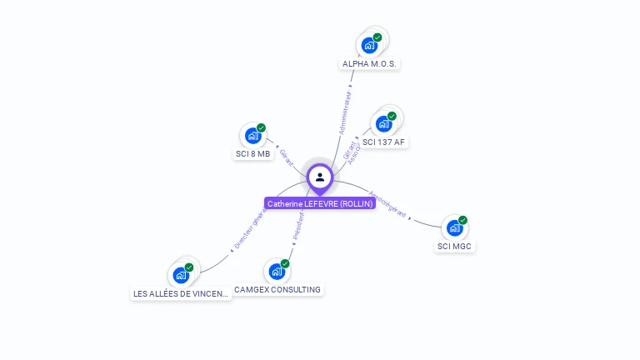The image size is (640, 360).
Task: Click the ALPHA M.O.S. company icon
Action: coord(369,45)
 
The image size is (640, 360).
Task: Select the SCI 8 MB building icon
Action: coord(253,136)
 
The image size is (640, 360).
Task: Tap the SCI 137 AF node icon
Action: coord(384,123)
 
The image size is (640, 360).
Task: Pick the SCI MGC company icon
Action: coord(454,227)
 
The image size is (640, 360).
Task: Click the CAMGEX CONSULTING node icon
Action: coord(277,271)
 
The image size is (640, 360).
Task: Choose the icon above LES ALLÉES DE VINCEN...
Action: coord(181,275)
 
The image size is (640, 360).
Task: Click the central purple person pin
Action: coord(320,177)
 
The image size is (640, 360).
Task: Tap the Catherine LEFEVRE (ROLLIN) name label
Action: coord(320,203)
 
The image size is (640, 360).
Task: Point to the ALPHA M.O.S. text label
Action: coord(371,64)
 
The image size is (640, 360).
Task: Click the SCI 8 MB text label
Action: coord(253,154)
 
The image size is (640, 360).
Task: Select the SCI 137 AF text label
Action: coord(384,142)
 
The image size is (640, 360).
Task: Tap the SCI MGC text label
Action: coord(455,247)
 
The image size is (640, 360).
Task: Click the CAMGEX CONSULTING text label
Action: coord(277,290)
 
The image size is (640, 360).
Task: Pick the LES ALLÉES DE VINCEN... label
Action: coord(181,294)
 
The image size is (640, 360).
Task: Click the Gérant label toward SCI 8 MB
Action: coord(286,157)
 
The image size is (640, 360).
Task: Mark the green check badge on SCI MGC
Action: coord(462,220)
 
